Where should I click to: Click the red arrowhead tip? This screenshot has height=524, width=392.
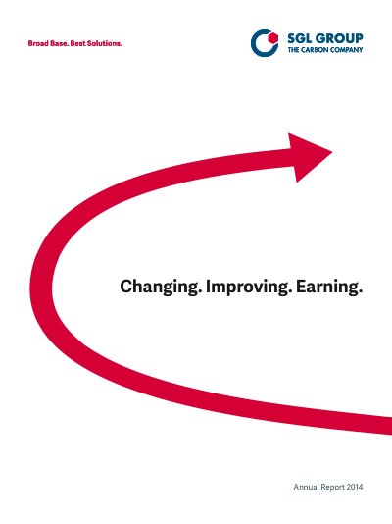tap(332, 152)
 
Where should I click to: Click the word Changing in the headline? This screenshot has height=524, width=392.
tap(159, 288)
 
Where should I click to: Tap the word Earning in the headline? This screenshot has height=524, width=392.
tap(326, 287)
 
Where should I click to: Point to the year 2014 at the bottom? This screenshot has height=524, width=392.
tap(355, 487)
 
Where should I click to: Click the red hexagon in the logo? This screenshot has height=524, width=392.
tap(272, 38)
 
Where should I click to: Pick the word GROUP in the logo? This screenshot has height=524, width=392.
tap(339, 38)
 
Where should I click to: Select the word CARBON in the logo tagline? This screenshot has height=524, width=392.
tap(315, 50)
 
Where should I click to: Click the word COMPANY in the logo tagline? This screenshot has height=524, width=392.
tap(346, 50)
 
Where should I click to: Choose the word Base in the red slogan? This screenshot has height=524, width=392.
tap(60, 43)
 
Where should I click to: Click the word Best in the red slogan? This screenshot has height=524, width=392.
tap(77, 43)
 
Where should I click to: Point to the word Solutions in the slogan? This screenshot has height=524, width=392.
tap(105, 43)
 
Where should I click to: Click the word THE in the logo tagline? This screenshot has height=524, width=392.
tap(294, 50)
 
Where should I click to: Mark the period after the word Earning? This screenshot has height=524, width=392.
tap(361, 293)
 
